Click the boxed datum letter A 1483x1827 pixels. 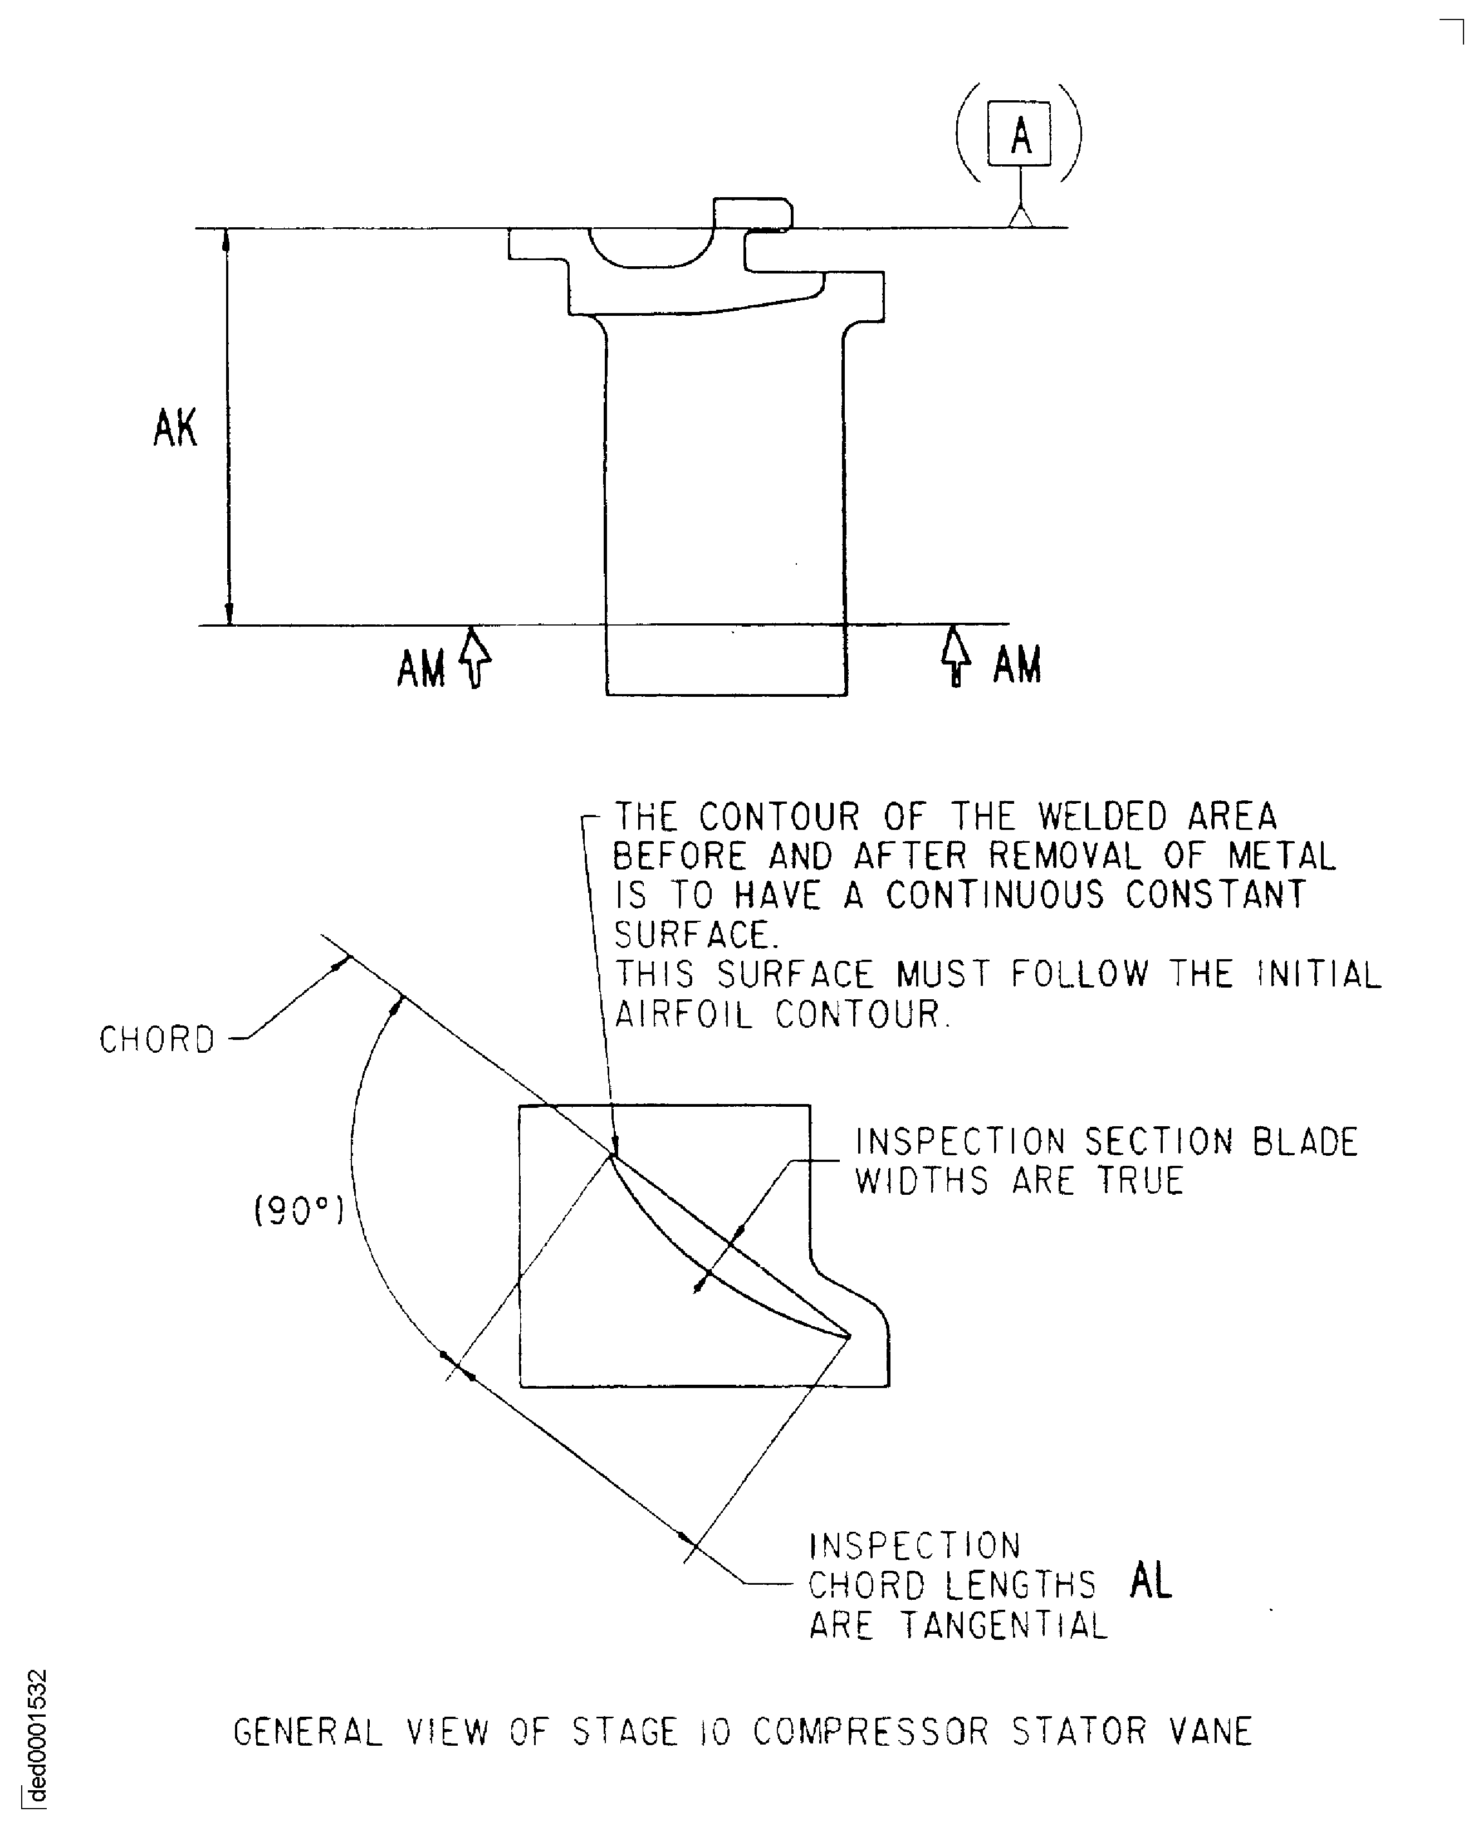pos(1021,135)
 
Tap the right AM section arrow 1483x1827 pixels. pos(956,656)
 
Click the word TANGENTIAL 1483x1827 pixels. pos(1005,1625)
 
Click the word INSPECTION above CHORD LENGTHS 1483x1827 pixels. pos(915,1546)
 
